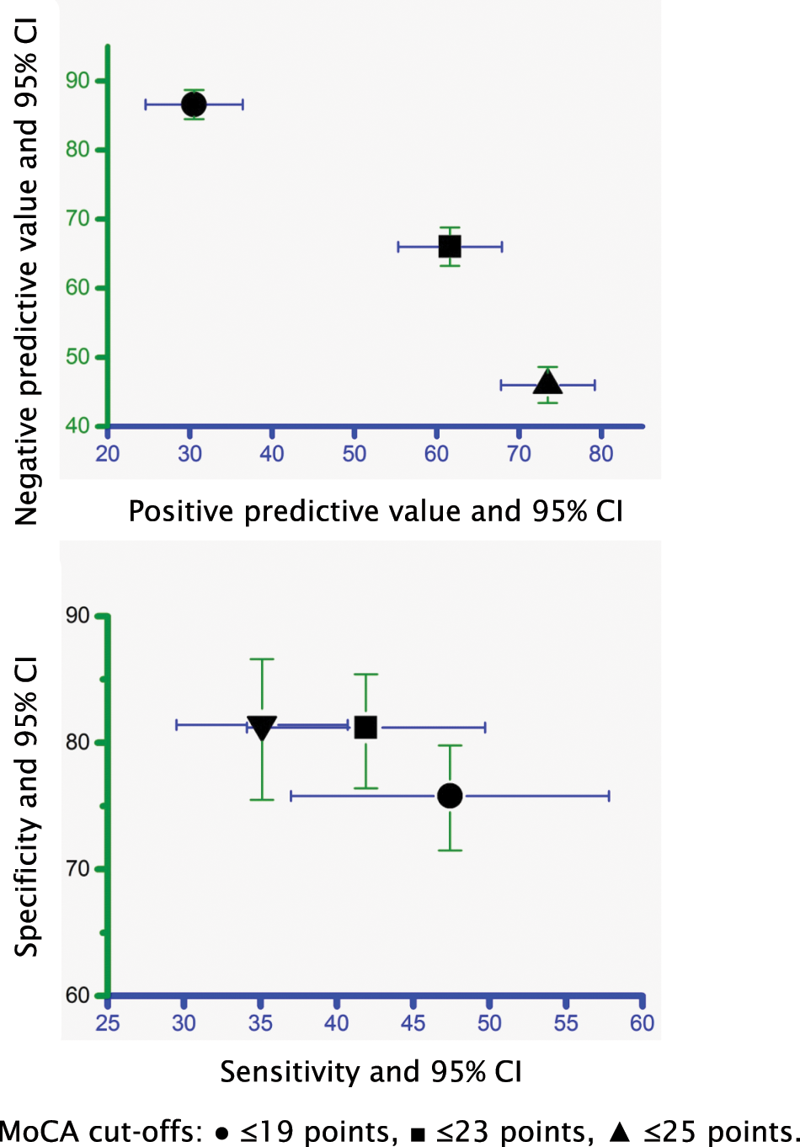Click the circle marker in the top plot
(194, 104)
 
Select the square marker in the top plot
(450, 247)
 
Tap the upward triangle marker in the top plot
(547, 383)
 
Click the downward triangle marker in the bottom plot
(262, 727)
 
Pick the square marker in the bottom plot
(365, 727)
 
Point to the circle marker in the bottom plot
(450, 796)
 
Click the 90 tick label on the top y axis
(77, 80)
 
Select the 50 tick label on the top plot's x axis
(354, 454)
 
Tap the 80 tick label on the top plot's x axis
(600, 454)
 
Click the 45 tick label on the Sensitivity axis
(413, 1023)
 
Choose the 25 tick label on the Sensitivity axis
(107, 1023)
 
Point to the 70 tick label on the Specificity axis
(77, 868)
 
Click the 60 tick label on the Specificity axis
(77, 995)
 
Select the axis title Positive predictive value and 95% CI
(376, 511)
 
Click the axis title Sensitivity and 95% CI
(371, 1071)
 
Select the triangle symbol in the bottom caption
(620, 1131)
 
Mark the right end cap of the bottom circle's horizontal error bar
(609, 796)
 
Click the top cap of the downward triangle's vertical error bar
(262, 659)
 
